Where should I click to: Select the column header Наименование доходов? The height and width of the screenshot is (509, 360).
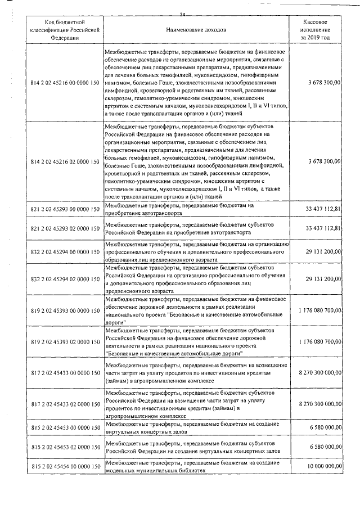click(x=196, y=29)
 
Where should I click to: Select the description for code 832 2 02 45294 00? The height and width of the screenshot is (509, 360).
click(x=196, y=251)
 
